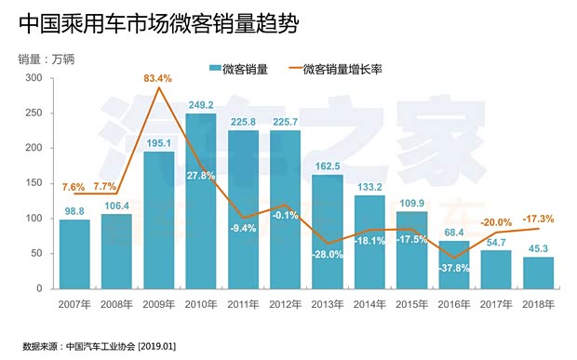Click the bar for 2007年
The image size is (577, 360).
[74, 254]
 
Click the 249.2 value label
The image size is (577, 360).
[200, 105]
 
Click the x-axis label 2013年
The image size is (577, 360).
[326, 304]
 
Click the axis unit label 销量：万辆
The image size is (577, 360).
[47, 59]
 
